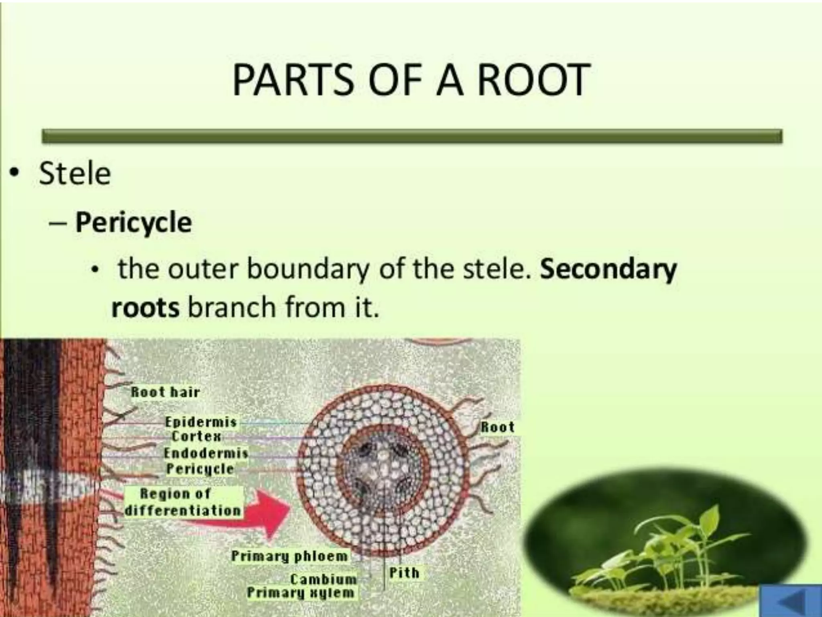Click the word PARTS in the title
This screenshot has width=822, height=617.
tap(293, 80)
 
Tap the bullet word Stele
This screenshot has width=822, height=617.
tap(75, 174)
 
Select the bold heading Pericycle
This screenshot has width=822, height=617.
tap(133, 222)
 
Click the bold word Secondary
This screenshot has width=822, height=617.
tap(608, 269)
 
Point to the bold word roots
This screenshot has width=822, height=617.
tap(145, 308)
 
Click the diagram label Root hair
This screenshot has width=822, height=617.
tap(165, 392)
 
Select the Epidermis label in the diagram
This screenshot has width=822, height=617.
tap(201, 422)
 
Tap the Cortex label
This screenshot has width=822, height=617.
tap(196, 436)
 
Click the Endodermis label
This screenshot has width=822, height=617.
tap(206, 453)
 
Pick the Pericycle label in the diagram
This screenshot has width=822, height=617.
tap(200, 469)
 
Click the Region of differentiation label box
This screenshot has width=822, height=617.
tap(183, 502)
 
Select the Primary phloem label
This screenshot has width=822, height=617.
tap(289, 556)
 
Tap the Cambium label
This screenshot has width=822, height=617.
tap(323, 579)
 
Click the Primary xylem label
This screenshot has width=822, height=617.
tap(301, 592)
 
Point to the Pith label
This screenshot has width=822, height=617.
tap(404, 572)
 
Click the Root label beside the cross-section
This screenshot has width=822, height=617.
tap(497, 427)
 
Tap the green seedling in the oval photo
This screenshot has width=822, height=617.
tap(678, 546)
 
